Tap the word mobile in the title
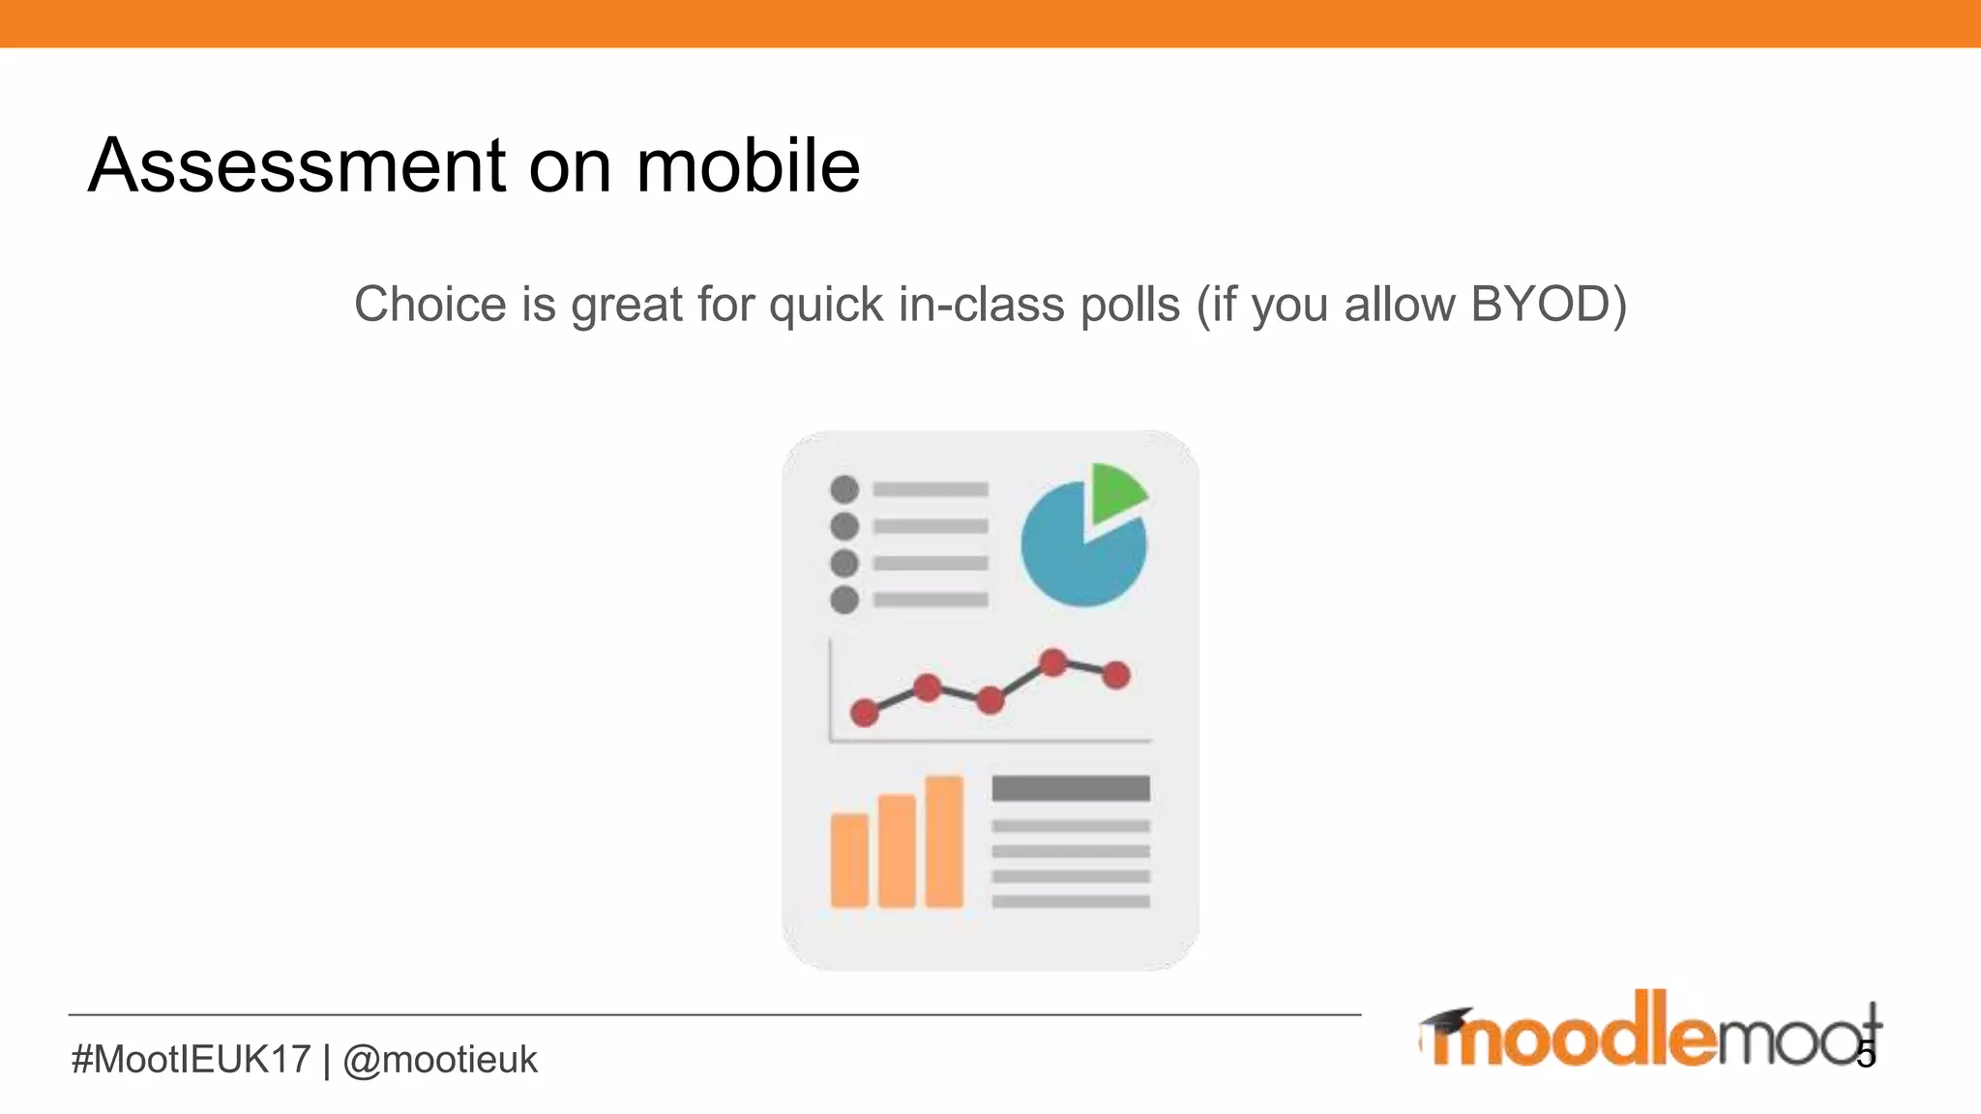tap(748, 166)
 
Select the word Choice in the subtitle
tap(429, 305)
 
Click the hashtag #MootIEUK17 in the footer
tap(192, 1060)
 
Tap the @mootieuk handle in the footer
tap(440, 1060)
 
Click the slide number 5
tap(1866, 1055)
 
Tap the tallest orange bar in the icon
tap(944, 841)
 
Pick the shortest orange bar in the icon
tap(849, 861)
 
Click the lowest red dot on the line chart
tap(864, 714)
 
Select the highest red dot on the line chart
tap(1053, 662)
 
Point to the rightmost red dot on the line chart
tap(1116, 675)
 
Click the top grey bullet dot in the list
tap(844, 489)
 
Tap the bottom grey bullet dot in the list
tap(844, 600)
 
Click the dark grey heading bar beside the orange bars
tap(1071, 788)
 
